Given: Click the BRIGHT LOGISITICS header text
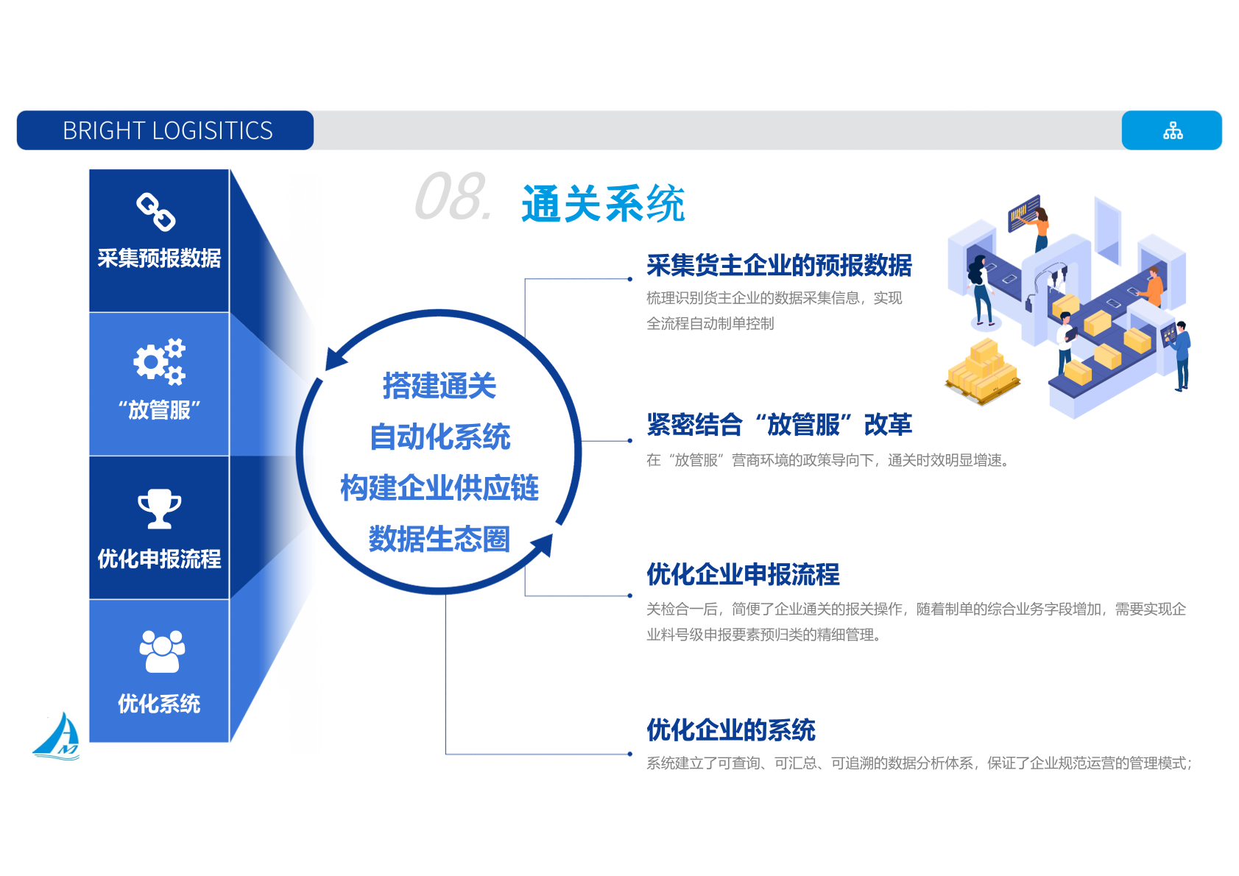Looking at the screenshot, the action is [168, 130].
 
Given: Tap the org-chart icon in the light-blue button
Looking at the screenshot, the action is [1173, 130].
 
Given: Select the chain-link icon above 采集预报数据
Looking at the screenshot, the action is [156, 212].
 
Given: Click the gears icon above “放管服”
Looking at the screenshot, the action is [159, 361].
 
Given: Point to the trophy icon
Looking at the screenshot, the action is [159, 509].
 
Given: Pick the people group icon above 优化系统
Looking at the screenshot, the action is [161, 651].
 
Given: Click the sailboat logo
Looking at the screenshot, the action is [57, 736].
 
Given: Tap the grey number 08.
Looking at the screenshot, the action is [453, 197].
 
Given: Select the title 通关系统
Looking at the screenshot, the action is [603, 203].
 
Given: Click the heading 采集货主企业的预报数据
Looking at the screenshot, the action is [779, 266].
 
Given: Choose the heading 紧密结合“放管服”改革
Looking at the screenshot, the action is [779, 425].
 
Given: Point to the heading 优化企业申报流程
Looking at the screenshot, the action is [743, 574].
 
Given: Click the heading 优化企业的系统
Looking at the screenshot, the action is [731, 730].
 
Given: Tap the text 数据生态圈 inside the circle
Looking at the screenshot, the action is [440, 539].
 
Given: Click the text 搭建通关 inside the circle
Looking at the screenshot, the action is [440, 386].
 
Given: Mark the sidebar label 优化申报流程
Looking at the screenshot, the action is [159, 559].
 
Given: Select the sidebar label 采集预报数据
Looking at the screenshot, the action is [159, 258].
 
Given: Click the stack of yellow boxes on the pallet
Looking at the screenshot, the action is [983, 372].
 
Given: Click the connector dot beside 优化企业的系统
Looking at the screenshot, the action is [630, 754].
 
